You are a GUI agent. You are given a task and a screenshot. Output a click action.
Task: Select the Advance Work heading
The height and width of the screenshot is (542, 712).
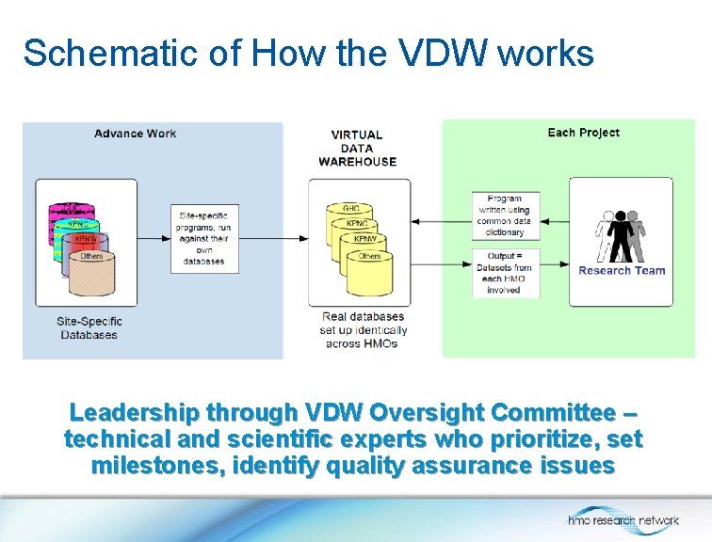tap(135, 134)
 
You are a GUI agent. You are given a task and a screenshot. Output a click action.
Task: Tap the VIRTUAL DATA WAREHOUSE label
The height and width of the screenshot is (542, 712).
tap(357, 148)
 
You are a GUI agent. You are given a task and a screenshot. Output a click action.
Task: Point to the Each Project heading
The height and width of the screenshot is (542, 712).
tap(583, 133)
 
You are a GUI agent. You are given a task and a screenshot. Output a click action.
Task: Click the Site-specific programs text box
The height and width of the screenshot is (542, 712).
tap(202, 238)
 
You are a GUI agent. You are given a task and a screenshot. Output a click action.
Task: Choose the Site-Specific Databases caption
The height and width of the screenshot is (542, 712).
tap(89, 327)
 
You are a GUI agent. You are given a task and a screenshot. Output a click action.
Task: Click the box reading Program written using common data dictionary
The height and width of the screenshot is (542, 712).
tap(505, 215)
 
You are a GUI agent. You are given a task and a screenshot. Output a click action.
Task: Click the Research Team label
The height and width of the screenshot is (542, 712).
tap(622, 271)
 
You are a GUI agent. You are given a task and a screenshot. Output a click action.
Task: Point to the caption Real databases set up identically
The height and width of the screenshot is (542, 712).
tap(362, 329)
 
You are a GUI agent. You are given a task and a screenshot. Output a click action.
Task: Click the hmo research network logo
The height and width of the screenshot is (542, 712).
tap(623, 519)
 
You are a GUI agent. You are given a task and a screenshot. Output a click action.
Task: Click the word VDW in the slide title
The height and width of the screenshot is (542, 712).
tap(432, 54)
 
